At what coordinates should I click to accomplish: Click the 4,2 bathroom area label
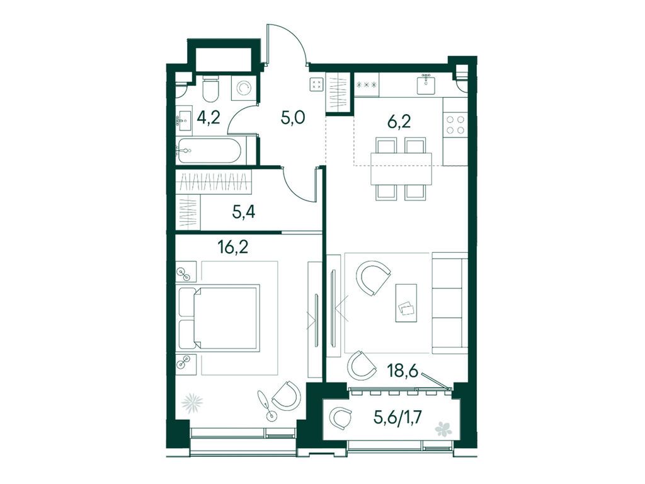[208, 118]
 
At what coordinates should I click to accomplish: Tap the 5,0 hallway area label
[292, 118]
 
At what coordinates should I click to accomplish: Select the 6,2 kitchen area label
[399, 122]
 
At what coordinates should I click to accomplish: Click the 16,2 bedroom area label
[232, 246]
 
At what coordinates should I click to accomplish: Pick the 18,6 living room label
[402, 371]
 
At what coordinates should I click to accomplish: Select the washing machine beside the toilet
[243, 88]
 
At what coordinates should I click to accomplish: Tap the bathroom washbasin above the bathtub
[185, 119]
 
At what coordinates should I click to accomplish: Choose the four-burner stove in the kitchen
[455, 125]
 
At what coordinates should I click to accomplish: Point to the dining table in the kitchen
[401, 169]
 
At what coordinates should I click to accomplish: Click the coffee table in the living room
[406, 303]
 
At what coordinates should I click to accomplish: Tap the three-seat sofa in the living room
[450, 303]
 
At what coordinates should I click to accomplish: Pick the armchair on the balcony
[341, 418]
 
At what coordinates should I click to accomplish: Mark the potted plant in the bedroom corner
[193, 403]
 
